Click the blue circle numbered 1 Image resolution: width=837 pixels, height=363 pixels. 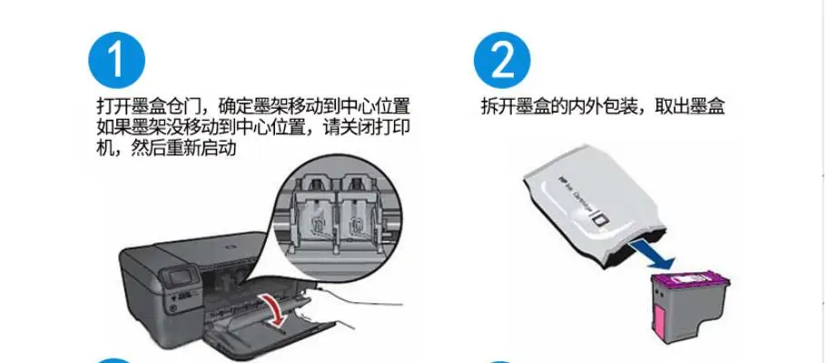(x=116, y=60)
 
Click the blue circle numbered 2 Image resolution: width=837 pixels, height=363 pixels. (x=502, y=60)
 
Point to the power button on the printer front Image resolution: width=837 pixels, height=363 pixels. (x=172, y=308)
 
